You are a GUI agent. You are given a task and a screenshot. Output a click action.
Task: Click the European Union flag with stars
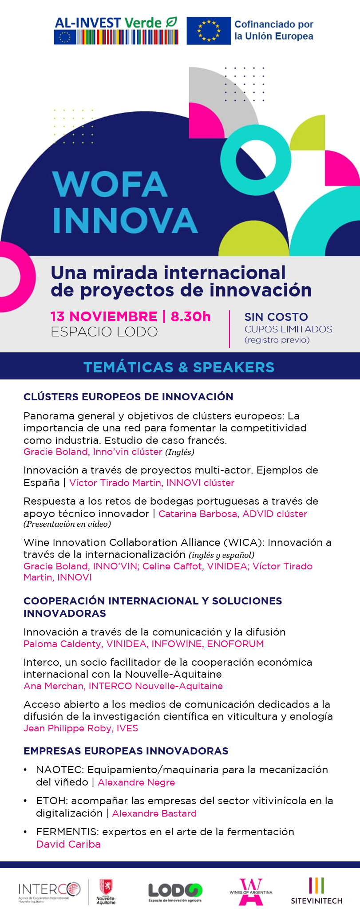coord(209,31)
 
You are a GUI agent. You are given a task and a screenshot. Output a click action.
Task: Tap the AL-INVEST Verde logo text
coord(115,23)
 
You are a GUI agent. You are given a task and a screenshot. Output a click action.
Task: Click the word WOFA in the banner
coord(110,184)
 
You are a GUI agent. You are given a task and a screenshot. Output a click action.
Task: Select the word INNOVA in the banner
coord(125,220)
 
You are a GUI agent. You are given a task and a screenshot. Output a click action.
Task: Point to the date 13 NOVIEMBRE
coord(104,316)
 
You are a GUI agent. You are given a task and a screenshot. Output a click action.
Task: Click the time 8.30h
coord(191,316)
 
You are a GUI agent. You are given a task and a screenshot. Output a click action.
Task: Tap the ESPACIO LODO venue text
coord(104,332)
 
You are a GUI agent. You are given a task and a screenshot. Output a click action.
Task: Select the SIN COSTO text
coord(276,317)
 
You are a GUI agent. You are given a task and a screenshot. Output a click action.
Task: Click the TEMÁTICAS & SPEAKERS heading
coord(179,367)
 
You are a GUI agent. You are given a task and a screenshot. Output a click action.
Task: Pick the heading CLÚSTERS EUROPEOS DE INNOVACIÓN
coord(128,397)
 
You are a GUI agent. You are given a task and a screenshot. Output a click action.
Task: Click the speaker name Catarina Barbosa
coord(198,514)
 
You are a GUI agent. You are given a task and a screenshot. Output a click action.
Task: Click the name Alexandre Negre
coord(136,782)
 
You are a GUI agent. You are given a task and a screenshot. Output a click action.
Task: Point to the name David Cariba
coord(68,844)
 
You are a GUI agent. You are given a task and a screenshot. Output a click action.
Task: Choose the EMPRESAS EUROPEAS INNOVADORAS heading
coord(126,751)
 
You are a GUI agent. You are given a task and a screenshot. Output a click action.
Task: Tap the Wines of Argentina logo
coord(251,892)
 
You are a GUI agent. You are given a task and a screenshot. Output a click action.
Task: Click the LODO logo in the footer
coord(175,892)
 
